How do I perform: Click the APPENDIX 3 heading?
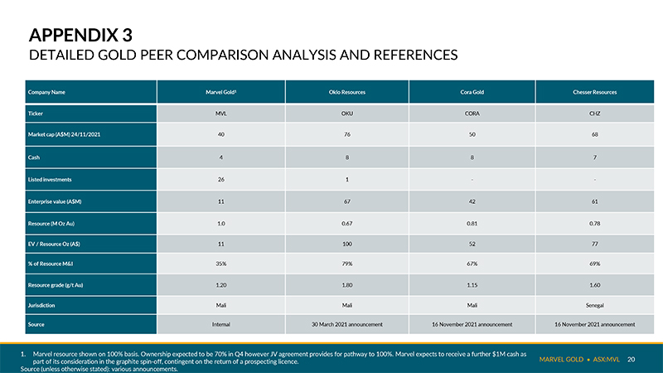80,35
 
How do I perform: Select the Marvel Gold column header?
220,92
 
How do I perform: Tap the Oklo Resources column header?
347,92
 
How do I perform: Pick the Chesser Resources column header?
594,92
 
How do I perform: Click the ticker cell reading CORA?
472,114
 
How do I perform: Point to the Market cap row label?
65,134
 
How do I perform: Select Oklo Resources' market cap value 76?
347,134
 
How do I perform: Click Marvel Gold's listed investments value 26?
220,179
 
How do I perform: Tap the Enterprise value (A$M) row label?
55,201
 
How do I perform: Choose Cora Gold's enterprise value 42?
472,201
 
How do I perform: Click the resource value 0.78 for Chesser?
594,223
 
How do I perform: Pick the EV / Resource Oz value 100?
347,244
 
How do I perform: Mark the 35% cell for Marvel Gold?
220,264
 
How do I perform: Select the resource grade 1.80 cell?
347,285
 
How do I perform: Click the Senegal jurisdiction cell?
594,305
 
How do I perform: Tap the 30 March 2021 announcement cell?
347,324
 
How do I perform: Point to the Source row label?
36,324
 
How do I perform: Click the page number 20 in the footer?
631,359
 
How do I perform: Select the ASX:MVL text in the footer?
606,359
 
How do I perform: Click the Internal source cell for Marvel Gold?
220,324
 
